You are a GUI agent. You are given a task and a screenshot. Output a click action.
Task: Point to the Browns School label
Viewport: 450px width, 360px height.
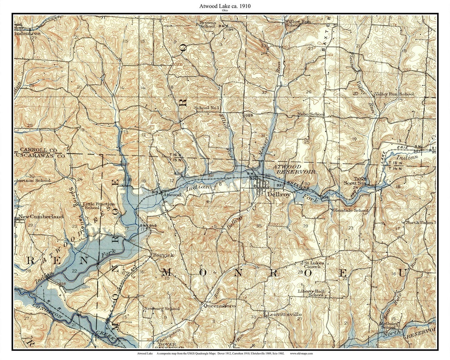point(208,24)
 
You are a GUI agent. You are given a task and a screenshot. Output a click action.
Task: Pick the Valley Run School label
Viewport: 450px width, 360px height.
point(394,95)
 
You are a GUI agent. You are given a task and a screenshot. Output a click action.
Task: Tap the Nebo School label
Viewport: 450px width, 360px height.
point(311,114)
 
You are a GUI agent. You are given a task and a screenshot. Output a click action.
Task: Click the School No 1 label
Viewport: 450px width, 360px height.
point(207,108)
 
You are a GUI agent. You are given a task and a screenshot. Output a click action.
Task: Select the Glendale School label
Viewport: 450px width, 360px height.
point(350,210)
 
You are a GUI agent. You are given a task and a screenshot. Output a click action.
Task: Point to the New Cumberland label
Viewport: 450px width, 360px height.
point(41,217)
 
